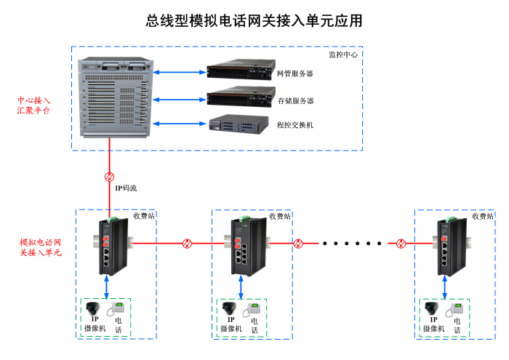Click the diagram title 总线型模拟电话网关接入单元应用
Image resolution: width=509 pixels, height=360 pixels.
254,20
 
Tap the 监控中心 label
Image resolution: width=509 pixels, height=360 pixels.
342,55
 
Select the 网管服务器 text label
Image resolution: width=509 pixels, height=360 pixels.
295,73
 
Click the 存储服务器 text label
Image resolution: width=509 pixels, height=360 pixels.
295,100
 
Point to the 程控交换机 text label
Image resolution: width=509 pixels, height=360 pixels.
295,125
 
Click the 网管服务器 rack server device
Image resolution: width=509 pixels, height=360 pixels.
239,72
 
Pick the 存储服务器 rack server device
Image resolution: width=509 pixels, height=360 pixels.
239,98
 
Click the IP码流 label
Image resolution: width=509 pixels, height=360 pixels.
126,188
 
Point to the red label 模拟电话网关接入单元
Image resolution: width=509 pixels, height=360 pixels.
40,247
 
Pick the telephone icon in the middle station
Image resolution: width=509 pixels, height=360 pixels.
252,309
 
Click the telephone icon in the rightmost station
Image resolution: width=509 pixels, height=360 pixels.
456,309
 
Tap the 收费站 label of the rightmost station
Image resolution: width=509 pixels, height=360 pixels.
482,216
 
